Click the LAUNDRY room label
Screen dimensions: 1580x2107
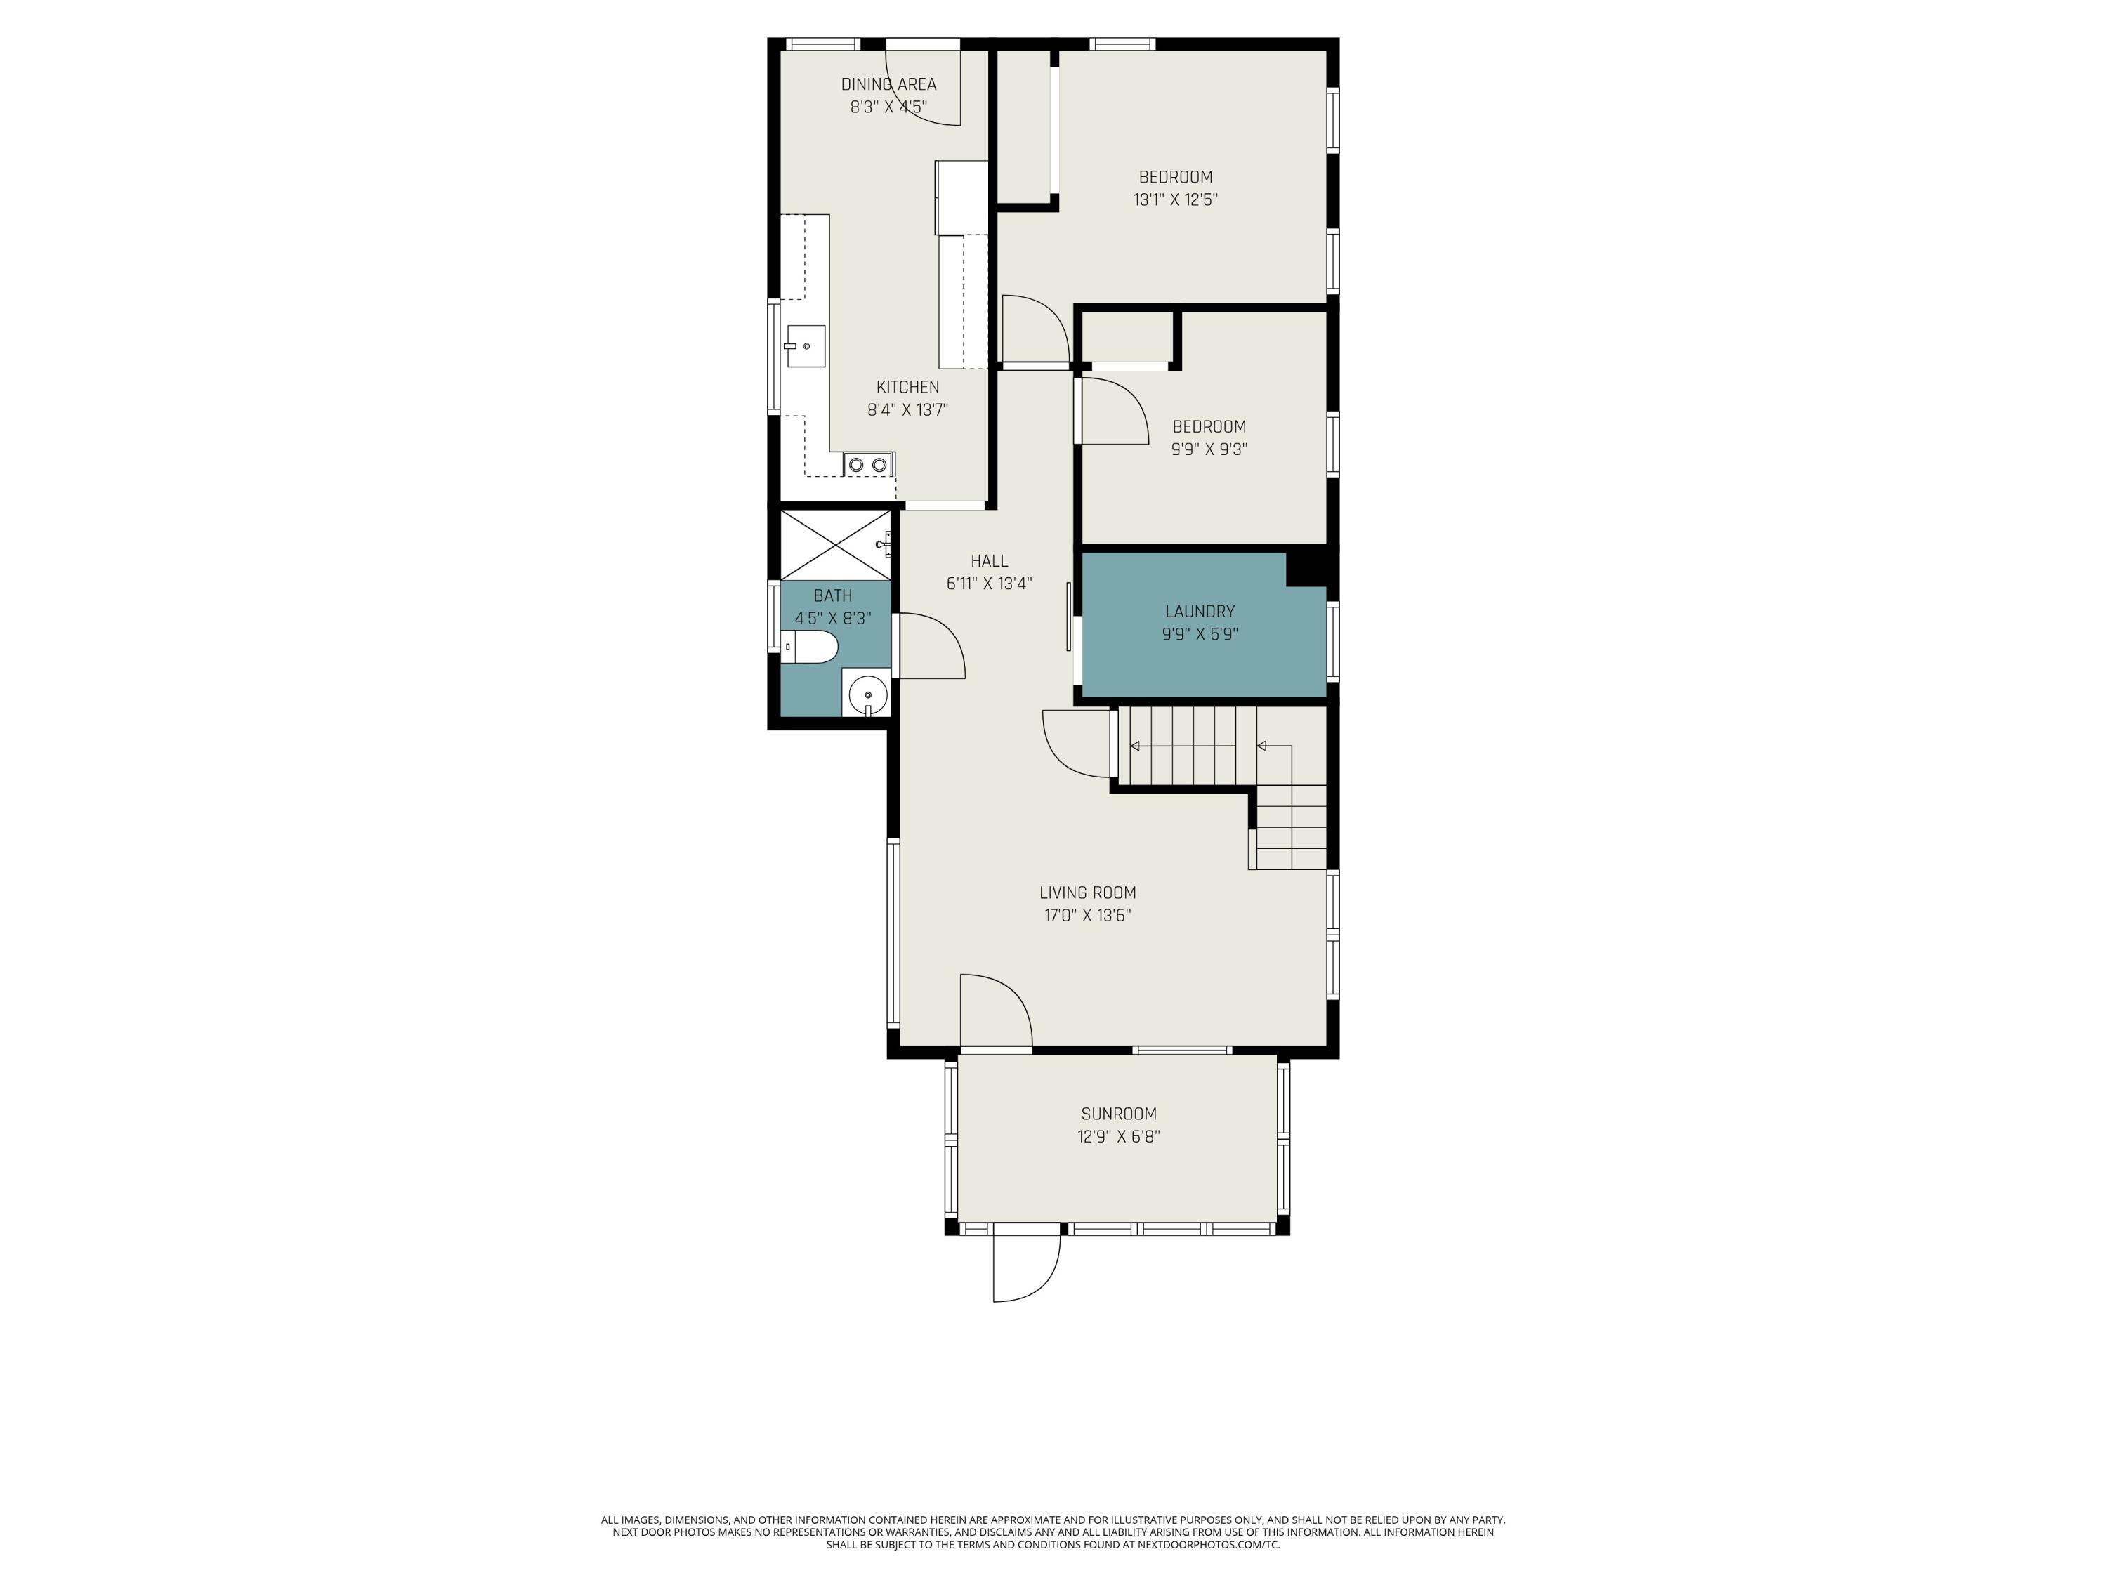[1200, 612]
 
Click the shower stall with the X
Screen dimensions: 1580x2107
[834, 545]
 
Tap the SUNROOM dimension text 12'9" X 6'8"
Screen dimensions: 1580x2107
[1118, 1136]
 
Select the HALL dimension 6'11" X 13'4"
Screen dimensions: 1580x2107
[989, 584]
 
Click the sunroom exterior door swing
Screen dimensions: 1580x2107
[1026, 1267]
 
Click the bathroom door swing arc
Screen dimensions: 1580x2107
[931, 647]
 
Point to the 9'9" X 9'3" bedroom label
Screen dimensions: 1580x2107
[1209, 449]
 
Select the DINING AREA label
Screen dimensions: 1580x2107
[888, 84]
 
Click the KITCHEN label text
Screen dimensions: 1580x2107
[907, 387]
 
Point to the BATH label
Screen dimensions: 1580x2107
[832, 595]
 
